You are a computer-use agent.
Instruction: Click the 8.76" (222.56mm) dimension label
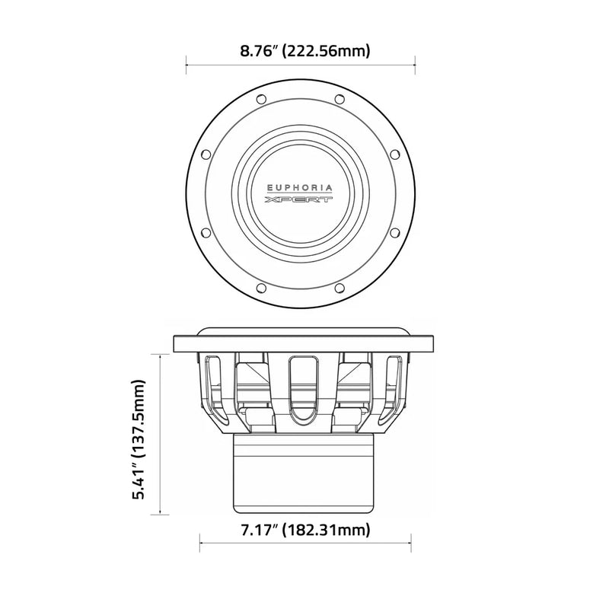pyautogui.click(x=305, y=51)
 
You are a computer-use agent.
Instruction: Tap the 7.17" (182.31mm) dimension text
pyautogui.click(x=306, y=529)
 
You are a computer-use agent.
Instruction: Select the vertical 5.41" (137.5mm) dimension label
pyautogui.click(x=139, y=439)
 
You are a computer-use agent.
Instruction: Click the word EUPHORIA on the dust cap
pyautogui.click(x=299, y=188)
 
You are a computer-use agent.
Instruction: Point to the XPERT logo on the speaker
pyautogui.click(x=298, y=199)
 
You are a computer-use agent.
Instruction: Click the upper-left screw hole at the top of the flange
pyautogui.click(x=261, y=99)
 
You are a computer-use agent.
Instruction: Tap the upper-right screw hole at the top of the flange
pyautogui.click(x=340, y=99)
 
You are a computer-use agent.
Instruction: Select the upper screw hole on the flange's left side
pyautogui.click(x=206, y=155)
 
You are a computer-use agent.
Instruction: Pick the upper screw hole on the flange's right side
pyautogui.click(x=394, y=155)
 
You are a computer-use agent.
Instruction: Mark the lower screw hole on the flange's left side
pyautogui.click(x=206, y=233)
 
